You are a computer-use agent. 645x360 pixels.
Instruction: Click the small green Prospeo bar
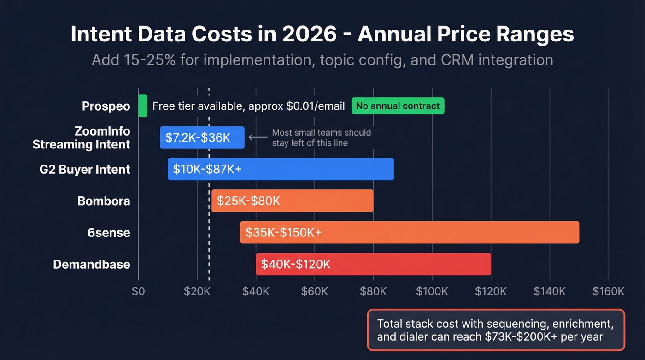pyautogui.click(x=142, y=106)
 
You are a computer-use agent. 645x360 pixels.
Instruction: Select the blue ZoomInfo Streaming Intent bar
pyautogui.click(x=202, y=137)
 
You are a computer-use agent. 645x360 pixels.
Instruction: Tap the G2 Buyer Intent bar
pyautogui.click(x=281, y=169)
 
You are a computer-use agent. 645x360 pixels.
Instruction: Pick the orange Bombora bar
pyautogui.click(x=292, y=201)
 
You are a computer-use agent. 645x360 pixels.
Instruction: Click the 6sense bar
pyautogui.click(x=409, y=232)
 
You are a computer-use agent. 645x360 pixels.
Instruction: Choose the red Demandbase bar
pyautogui.click(x=373, y=264)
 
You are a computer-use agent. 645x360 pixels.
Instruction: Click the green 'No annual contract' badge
pyautogui.click(x=398, y=106)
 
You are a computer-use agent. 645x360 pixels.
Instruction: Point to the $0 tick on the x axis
pyautogui.click(x=138, y=291)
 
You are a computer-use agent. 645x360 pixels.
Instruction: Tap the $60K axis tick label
pyautogui.click(x=314, y=291)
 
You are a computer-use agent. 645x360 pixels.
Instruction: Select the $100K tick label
pyautogui.click(x=432, y=291)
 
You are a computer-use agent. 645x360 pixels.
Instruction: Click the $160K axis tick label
pyautogui.click(x=608, y=291)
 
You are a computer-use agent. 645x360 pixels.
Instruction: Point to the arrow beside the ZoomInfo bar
pyautogui.click(x=258, y=137)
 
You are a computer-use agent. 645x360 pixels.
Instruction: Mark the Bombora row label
pyautogui.click(x=104, y=201)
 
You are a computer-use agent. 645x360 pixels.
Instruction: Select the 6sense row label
pyautogui.click(x=109, y=232)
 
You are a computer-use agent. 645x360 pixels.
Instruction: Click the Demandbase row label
pyautogui.click(x=92, y=264)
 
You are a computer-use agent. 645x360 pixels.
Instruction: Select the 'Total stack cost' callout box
pyautogui.click(x=496, y=330)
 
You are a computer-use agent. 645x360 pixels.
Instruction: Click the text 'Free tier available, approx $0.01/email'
pyautogui.click(x=248, y=106)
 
